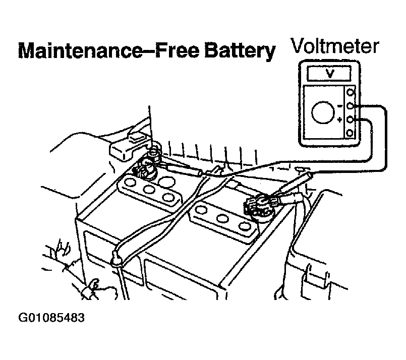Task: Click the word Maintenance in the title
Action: (x=80, y=51)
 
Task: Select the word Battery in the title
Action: (x=240, y=52)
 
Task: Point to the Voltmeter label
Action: (x=334, y=46)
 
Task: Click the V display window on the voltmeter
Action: (x=329, y=74)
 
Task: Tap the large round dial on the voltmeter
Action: (x=323, y=112)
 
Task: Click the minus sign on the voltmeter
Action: (x=340, y=105)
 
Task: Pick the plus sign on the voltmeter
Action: (x=340, y=119)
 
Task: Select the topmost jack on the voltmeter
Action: (x=350, y=92)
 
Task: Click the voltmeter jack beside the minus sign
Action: (x=350, y=105)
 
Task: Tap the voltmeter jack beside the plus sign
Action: (x=350, y=119)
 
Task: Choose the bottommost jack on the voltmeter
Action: (x=350, y=133)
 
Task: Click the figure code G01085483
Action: (x=51, y=318)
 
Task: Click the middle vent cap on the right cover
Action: (x=222, y=219)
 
